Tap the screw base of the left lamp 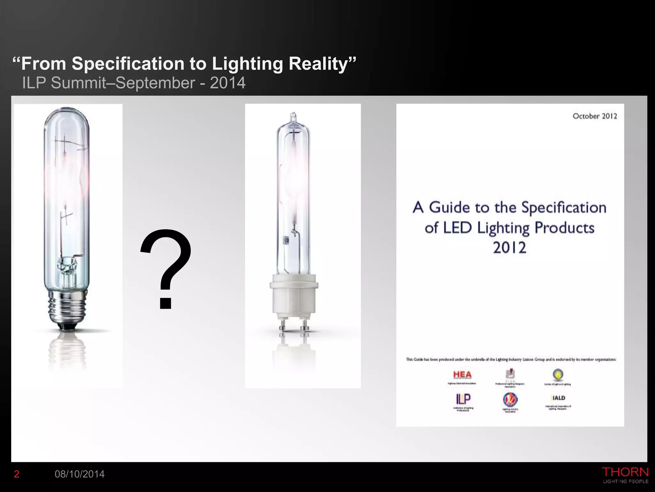pos(67,309)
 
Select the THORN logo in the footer pos(625,472)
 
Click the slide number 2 pos(17,474)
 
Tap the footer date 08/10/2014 pos(80,474)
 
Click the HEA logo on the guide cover pos(462,375)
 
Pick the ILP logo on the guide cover pos(463,399)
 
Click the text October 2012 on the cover pos(595,116)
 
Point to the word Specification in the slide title pos(128,63)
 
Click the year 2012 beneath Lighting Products pos(509,248)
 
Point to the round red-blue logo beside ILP pos(510,399)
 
